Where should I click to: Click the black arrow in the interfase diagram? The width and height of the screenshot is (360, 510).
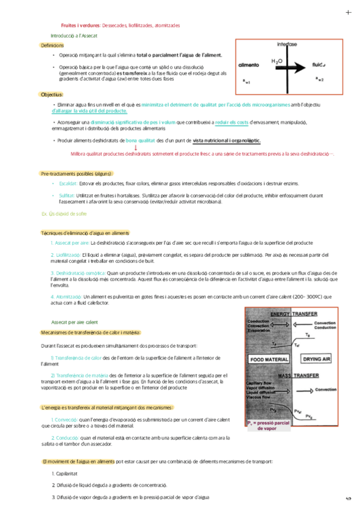point(293,63)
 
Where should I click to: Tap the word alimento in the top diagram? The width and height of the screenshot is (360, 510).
point(249,64)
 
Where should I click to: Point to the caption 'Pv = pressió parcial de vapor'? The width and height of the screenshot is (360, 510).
point(269,426)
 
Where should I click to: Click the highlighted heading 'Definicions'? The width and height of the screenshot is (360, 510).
point(52,46)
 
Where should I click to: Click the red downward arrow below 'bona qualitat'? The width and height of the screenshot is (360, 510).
point(135,147)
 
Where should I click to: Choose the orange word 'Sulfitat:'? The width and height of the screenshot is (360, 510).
point(67,195)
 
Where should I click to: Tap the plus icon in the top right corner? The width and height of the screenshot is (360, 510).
point(349,12)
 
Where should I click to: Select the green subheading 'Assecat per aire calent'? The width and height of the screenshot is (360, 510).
point(76,322)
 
